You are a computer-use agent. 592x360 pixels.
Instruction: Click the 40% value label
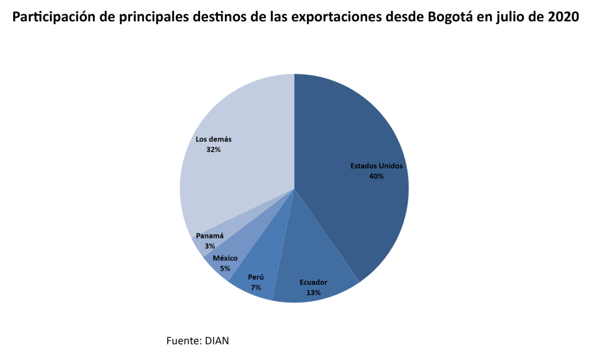(376, 176)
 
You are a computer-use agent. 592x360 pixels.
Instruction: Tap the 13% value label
(313, 292)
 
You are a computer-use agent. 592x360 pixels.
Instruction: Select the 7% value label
(256, 287)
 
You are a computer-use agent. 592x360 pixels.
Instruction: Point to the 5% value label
(225, 268)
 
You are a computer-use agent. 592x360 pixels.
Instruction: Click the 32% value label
(213, 149)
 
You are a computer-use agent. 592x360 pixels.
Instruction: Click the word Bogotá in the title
(452, 17)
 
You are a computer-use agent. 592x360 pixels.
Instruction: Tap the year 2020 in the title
(563, 17)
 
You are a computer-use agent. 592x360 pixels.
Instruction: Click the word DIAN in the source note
(217, 340)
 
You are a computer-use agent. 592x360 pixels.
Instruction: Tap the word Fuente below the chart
(183, 340)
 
